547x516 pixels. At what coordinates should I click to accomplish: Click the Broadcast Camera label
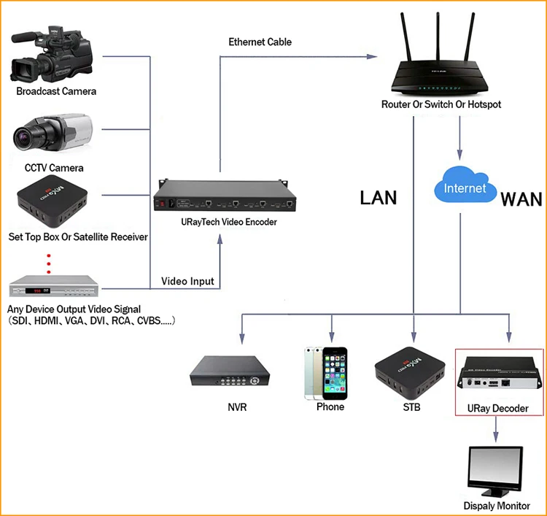tap(56, 92)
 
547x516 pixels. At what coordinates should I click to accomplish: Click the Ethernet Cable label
tap(260, 42)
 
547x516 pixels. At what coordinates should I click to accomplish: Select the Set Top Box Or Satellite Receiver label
tap(78, 237)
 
